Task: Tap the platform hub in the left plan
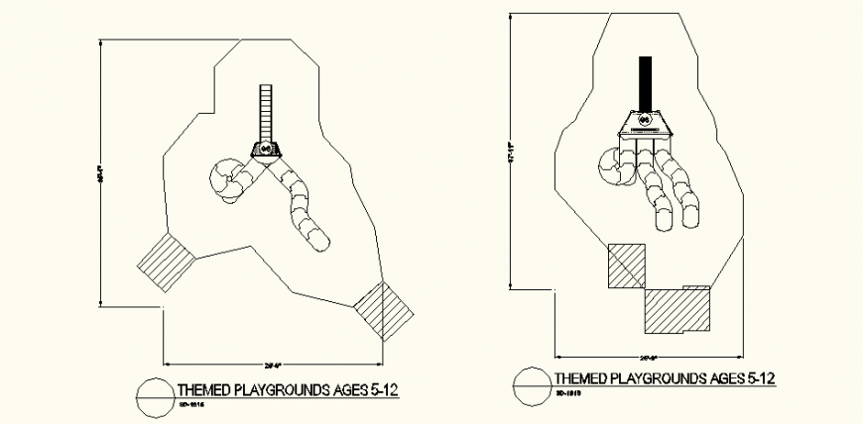[266, 150]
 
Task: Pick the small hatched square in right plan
[626, 265]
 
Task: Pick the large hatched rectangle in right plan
[677, 310]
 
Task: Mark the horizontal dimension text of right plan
[650, 356]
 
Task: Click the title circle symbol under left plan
[156, 393]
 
